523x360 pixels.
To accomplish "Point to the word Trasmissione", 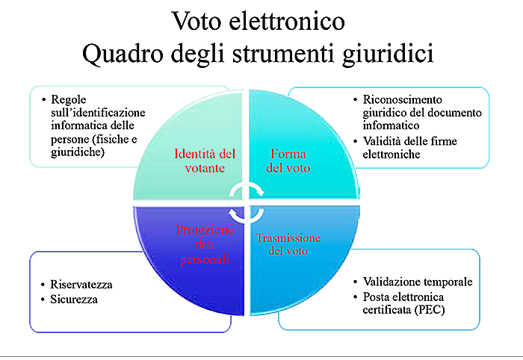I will [x=288, y=238].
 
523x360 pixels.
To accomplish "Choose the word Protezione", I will [x=205, y=230].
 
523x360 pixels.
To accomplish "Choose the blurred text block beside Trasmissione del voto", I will [x=407, y=288].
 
